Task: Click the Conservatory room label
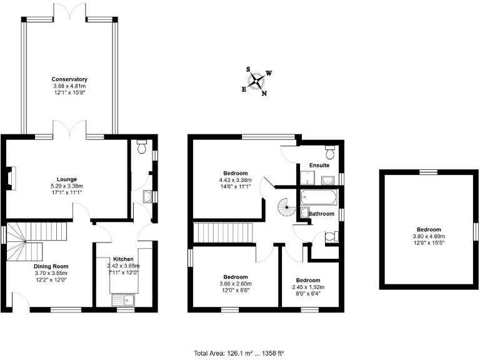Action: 69,79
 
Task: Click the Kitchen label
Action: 122,259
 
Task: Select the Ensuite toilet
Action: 329,153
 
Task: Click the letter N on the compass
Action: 264,94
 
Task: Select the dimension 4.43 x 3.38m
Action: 236,180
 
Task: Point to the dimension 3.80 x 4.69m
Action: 429,236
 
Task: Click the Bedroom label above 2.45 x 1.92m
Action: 309,279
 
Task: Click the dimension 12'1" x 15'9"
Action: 69,92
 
